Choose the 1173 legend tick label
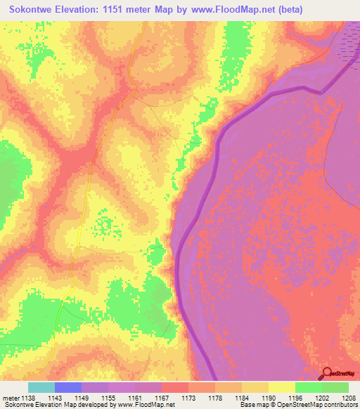pos(188,397)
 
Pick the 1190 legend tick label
pos(268,397)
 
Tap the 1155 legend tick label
pos(108,397)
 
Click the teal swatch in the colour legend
pos(41,387)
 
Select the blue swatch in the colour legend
pos(68,387)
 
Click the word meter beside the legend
pos(10,397)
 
